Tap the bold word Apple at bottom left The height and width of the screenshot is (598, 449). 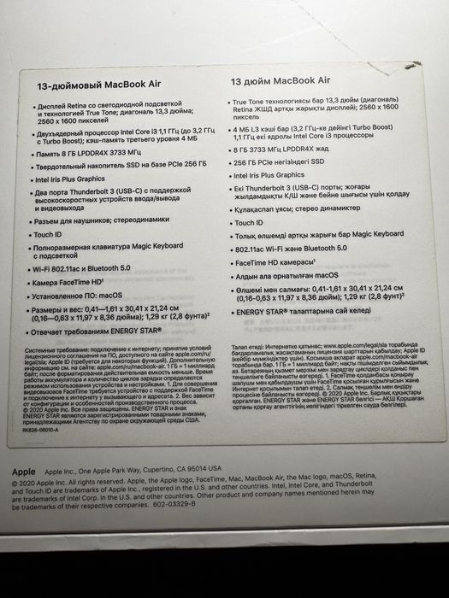point(23,471)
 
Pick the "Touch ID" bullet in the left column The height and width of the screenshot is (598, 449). point(48,234)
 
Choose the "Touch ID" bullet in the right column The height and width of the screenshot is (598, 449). point(246,222)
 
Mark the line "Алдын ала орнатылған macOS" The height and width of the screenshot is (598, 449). point(286,277)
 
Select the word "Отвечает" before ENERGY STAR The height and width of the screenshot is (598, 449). point(53,331)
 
